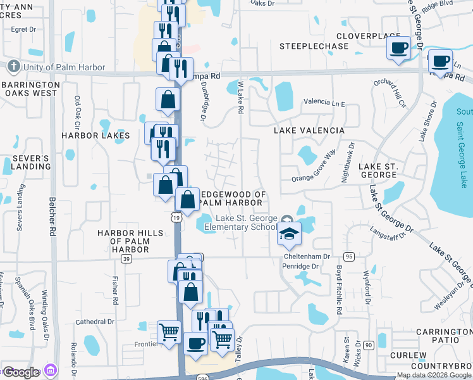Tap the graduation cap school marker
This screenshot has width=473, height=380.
tap(289, 235)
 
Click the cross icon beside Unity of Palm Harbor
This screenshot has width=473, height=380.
tap(13, 66)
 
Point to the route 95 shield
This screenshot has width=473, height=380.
tap(348, 256)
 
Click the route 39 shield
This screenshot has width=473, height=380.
tap(126, 259)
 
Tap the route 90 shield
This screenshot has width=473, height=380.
tap(368, 345)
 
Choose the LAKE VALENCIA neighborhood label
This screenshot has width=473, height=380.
tap(309, 130)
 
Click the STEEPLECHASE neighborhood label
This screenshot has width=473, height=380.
tap(314, 46)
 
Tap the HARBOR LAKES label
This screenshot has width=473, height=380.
tap(95, 136)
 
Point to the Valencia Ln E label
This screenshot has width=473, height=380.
tap(324, 101)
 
